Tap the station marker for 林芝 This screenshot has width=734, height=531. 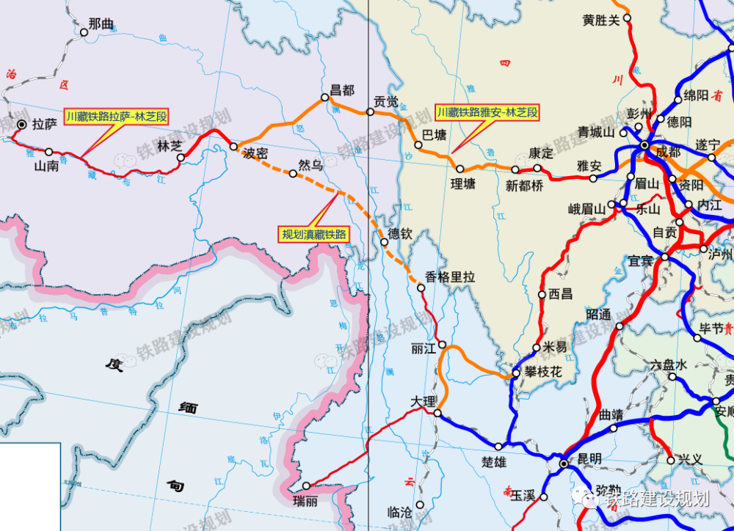181,157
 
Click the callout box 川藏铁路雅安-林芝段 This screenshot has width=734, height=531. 488,112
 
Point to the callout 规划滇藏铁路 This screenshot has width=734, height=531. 313,235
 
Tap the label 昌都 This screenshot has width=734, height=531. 342,90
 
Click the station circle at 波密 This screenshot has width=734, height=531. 233,147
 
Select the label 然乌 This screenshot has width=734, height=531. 310,166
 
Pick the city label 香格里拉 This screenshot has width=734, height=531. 451,277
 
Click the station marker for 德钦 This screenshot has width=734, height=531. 383,242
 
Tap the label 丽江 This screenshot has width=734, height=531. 424,348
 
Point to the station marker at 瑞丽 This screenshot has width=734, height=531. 306,486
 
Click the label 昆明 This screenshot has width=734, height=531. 589,458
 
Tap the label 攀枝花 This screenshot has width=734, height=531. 544,373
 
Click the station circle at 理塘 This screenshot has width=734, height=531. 460,169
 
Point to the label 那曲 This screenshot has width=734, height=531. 101,23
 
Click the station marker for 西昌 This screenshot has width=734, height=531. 543,295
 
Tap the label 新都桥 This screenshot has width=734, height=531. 525,186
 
